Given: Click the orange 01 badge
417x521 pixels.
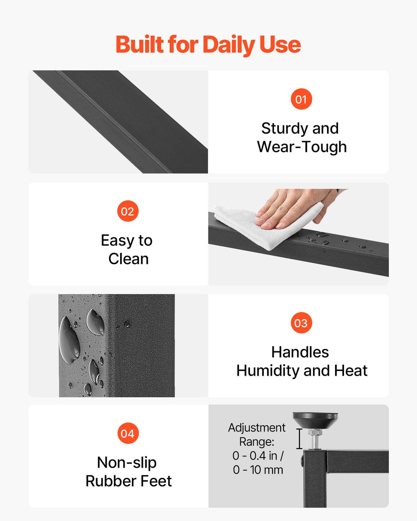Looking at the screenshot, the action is pyautogui.click(x=301, y=99).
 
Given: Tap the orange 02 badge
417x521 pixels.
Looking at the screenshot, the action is pyautogui.click(x=128, y=211).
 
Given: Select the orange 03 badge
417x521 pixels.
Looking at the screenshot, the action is pyautogui.click(x=301, y=323).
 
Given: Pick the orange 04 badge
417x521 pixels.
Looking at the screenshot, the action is pyautogui.click(x=128, y=433).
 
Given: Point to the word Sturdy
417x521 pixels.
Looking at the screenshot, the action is pyautogui.click(x=284, y=129).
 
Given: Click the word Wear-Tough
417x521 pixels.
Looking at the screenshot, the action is pyautogui.click(x=302, y=147).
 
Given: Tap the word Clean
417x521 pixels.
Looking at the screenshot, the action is pyautogui.click(x=128, y=259).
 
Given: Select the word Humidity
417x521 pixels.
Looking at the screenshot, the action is pyautogui.click(x=268, y=371).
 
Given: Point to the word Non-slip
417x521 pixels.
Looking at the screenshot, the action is pyautogui.click(x=127, y=463).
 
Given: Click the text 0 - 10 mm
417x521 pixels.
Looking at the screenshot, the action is pyautogui.click(x=258, y=470).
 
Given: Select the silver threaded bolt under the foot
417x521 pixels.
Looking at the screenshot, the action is pyautogui.click(x=315, y=440).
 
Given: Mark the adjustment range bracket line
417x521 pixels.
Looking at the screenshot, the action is pyautogui.click(x=299, y=439).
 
